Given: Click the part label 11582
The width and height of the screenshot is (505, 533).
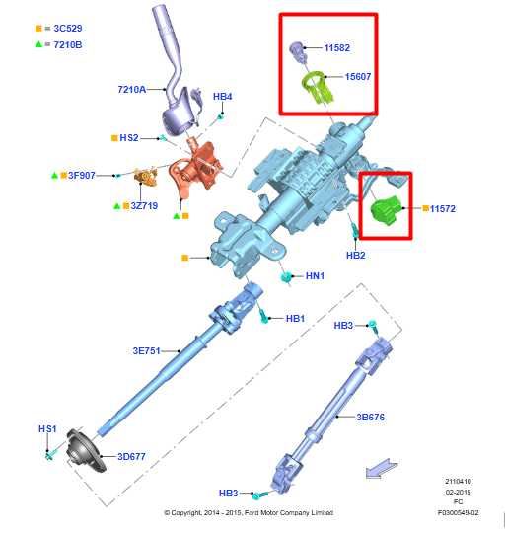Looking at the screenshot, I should click(x=336, y=47).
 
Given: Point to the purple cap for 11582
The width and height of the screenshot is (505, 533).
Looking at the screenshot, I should click(x=296, y=47).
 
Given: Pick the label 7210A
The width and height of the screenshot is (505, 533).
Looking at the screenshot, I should click(x=131, y=89).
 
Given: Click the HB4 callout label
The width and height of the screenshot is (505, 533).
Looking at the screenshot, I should click(x=222, y=97).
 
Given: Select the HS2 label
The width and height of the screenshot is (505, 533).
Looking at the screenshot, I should click(x=128, y=138).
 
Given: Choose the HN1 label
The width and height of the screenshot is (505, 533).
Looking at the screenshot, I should click(x=315, y=276).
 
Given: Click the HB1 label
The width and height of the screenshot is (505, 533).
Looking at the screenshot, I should click(x=295, y=319).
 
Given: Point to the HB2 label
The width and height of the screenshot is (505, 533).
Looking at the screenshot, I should click(x=355, y=255).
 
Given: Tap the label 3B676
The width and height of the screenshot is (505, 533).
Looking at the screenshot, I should click(x=370, y=418).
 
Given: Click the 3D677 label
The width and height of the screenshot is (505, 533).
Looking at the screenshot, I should click(x=132, y=456).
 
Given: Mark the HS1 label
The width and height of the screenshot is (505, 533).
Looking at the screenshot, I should click(x=47, y=429).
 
